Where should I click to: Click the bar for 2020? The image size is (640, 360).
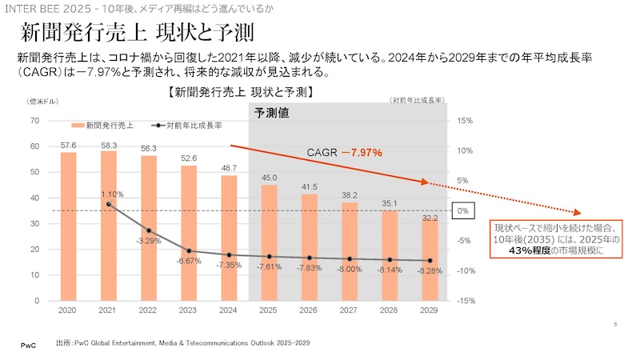[x=69, y=226]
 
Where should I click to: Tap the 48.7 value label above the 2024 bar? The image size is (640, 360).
[x=229, y=168]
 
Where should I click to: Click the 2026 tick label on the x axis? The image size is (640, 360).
[x=309, y=309]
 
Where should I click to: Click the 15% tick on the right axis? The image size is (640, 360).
[x=465, y=121]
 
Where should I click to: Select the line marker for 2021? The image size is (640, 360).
[x=110, y=205]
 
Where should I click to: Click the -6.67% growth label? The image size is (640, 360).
[x=190, y=261]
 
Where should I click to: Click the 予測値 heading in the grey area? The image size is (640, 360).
[x=272, y=114]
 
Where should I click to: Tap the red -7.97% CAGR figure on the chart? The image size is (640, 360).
[x=362, y=152]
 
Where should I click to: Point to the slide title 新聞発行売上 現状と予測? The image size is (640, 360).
[x=137, y=34]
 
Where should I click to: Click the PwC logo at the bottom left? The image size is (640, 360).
[x=27, y=344]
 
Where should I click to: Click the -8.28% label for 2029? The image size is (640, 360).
[x=430, y=272]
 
